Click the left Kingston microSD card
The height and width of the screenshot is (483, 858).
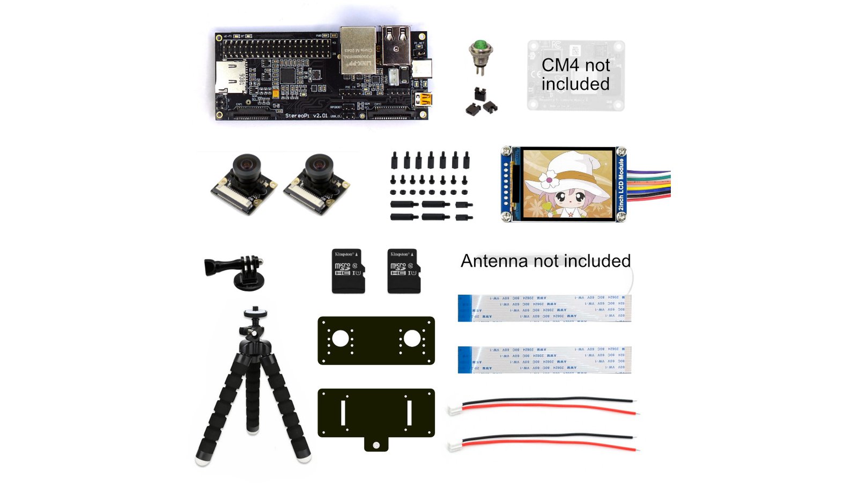click(x=348, y=271)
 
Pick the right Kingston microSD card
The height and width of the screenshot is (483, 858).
click(x=404, y=271)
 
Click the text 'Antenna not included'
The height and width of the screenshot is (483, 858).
click(x=545, y=261)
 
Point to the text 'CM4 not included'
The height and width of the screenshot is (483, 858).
click(x=575, y=75)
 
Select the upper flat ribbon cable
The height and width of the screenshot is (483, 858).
click(x=544, y=308)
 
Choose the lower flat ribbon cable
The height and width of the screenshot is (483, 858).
click(x=544, y=360)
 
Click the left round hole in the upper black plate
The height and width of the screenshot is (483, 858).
click(x=341, y=339)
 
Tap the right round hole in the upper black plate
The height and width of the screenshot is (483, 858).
click(x=412, y=339)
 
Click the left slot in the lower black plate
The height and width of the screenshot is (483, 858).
click(x=343, y=413)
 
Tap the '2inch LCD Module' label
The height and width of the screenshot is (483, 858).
click(x=621, y=184)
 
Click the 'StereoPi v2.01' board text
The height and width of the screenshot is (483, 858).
click(x=306, y=115)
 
